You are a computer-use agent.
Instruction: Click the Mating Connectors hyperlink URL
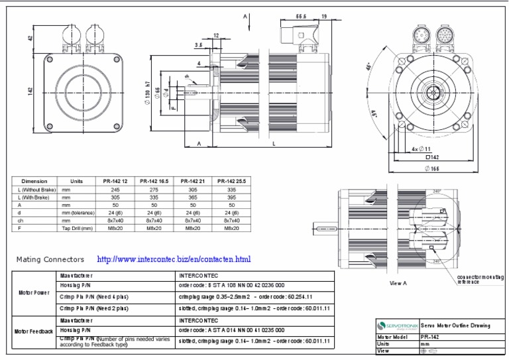click(x=174, y=259)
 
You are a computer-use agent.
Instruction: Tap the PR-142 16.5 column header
click(x=151, y=180)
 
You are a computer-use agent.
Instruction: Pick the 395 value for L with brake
click(x=228, y=197)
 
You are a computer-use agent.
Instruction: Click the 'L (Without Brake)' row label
click(x=34, y=190)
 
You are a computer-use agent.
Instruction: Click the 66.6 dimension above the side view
click(x=301, y=16)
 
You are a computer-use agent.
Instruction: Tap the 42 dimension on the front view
click(x=30, y=38)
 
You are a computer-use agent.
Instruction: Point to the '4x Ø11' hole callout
click(x=421, y=149)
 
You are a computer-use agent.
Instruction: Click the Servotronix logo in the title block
click(x=397, y=325)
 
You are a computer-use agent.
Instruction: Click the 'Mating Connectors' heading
click(x=50, y=259)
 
